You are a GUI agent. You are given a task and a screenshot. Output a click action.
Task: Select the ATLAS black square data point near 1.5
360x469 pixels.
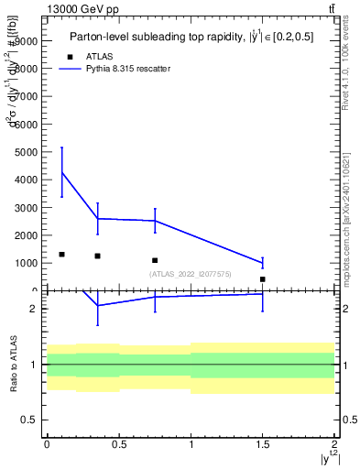click(x=262, y=279)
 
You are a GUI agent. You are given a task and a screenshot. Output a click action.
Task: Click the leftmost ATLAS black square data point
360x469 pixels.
click(x=61, y=255)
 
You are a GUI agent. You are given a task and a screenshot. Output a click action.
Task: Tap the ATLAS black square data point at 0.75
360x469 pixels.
click(x=155, y=260)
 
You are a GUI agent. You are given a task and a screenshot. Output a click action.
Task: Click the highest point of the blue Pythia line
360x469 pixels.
click(x=61, y=172)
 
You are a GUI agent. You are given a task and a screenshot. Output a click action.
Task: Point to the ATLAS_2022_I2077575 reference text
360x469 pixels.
click(x=191, y=274)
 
